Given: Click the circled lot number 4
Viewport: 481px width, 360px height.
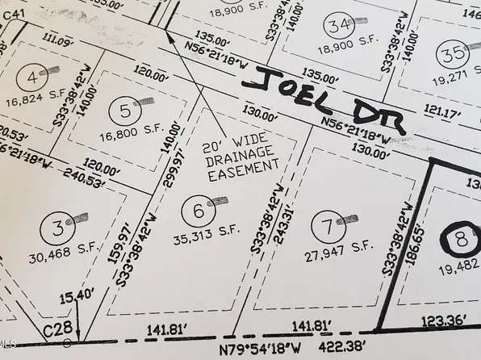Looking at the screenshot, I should click(32, 77).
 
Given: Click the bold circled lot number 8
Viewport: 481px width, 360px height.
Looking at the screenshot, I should click(460, 241).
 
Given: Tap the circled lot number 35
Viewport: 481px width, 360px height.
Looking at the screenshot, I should click(453, 55).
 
